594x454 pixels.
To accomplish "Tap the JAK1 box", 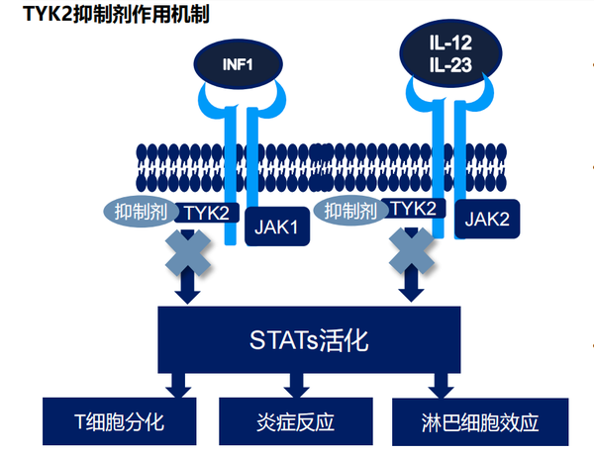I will click(x=278, y=226).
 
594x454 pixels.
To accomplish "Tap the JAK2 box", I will click(x=487, y=220).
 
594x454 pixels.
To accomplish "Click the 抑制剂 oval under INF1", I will click(x=140, y=211).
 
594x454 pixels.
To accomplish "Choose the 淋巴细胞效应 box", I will click(x=480, y=422).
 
